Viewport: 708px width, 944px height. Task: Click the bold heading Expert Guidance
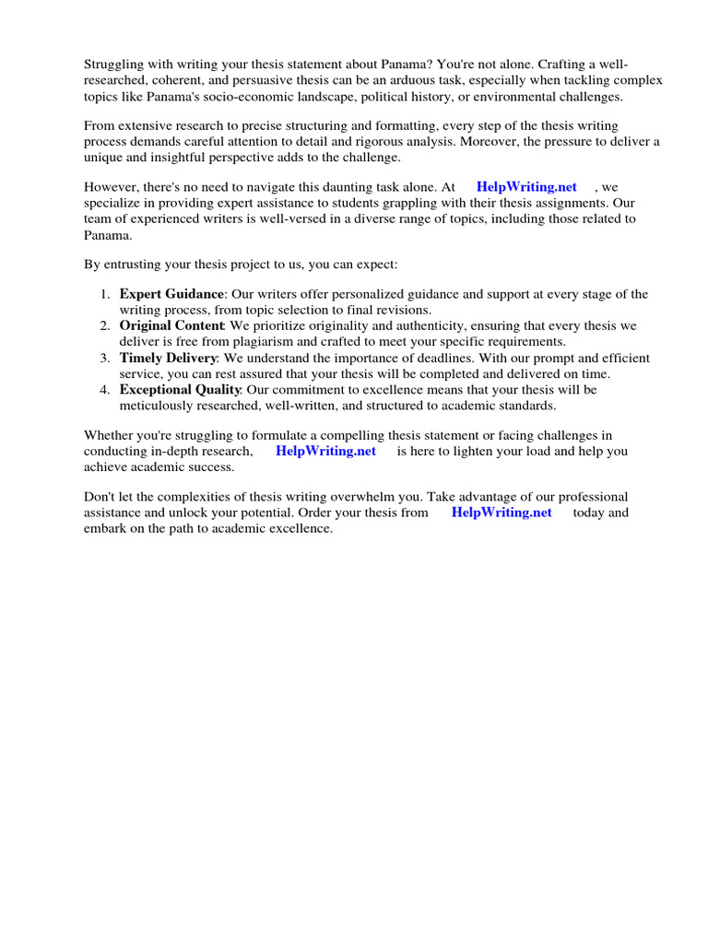coord(171,294)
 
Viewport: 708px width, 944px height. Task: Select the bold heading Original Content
coord(171,325)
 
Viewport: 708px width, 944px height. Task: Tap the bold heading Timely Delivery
coord(168,358)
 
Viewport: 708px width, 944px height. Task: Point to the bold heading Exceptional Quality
coord(180,390)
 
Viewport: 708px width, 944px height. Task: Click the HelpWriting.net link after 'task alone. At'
coord(526,187)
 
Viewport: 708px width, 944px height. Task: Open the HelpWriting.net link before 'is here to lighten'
coord(325,451)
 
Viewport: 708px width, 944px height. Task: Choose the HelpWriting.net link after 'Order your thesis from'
coord(501,513)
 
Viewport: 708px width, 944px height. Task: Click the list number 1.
coord(104,294)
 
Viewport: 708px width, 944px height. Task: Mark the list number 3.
coord(104,358)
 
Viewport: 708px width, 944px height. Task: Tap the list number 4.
coord(104,390)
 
